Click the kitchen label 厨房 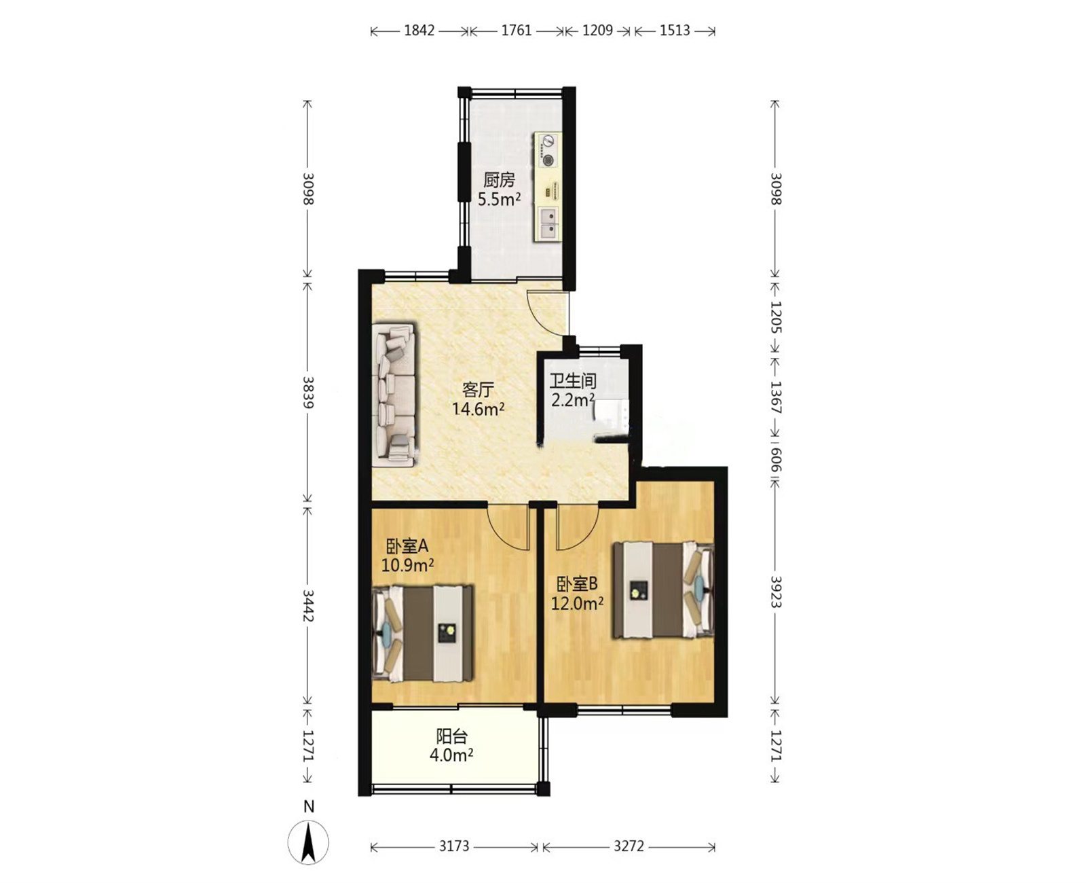499,179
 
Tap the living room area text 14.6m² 479,409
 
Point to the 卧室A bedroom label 407,546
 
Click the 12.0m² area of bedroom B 577,603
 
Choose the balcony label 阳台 452,736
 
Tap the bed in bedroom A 423,633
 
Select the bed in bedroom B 663,590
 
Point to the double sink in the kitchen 548,224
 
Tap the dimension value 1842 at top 419,31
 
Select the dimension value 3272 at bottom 629,846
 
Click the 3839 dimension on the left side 307,393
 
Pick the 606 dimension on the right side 776,459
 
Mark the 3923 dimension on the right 776,592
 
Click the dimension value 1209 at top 597,31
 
